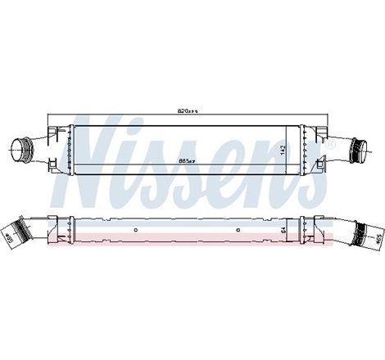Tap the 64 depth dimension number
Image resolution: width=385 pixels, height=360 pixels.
click(x=283, y=230)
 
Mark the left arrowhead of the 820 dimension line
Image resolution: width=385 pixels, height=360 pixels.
click(x=50, y=114)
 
